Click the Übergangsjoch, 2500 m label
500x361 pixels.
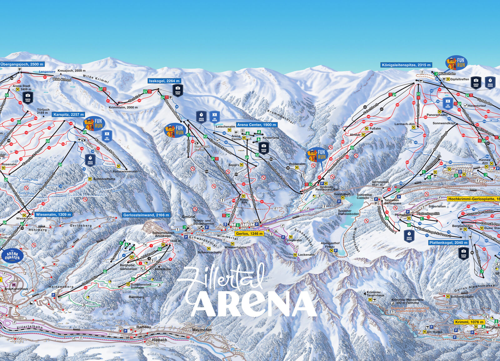(x=22, y=64)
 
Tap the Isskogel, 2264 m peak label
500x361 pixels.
(x=164, y=81)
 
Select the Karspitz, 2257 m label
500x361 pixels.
(x=68, y=115)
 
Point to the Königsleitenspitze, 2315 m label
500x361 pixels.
(x=406, y=65)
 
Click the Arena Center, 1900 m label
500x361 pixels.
(x=257, y=125)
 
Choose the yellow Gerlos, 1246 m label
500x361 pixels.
(x=249, y=233)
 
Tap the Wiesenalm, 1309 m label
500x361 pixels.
(x=53, y=215)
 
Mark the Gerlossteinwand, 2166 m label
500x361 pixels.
(x=146, y=215)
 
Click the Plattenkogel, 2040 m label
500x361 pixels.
(x=448, y=243)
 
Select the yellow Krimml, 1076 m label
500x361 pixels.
(x=469, y=322)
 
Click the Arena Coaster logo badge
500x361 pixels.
(x=12, y=256)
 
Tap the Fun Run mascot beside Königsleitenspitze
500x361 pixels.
(x=456, y=63)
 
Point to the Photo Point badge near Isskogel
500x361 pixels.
(x=177, y=91)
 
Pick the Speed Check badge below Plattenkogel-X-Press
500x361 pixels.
(x=409, y=236)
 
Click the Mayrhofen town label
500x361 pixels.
(x=202, y=330)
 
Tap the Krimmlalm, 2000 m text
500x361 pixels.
(x=123, y=107)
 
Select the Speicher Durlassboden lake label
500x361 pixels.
(x=348, y=212)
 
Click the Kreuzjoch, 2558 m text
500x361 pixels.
(x=72, y=71)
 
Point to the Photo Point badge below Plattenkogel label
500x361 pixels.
(x=463, y=253)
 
